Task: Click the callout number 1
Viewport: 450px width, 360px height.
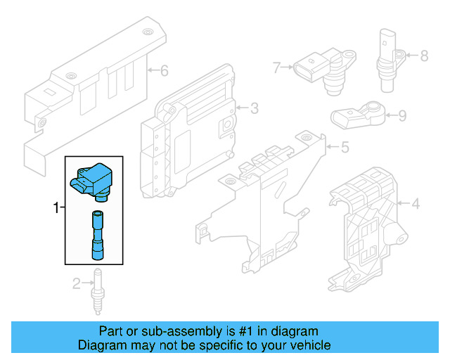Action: click(57, 207)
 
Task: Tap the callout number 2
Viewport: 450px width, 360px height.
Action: click(76, 283)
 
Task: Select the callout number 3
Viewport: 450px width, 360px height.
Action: click(254, 108)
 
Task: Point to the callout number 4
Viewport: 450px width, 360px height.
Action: click(415, 205)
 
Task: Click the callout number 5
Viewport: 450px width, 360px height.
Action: click(344, 148)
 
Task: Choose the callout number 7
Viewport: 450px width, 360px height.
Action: click(277, 67)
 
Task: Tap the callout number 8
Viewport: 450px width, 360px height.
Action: click(423, 55)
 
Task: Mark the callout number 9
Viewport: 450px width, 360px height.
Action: click(401, 116)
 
